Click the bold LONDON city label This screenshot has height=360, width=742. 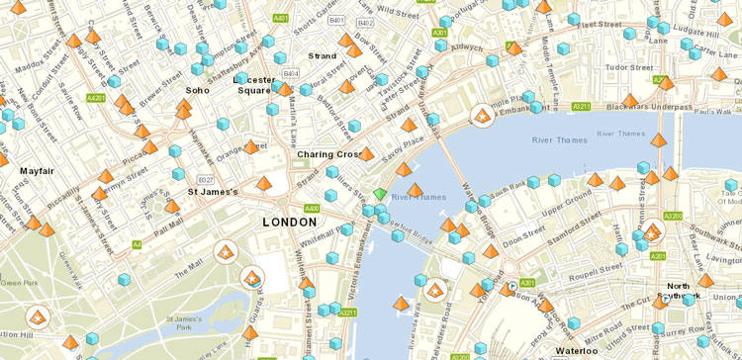pyautogui.click(x=290, y=223)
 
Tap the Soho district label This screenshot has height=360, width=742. pyautogui.click(x=197, y=90)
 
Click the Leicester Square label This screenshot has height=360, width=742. pyautogui.click(x=252, y=85)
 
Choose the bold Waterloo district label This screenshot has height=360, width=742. pyautogui.click(x=576, y=350)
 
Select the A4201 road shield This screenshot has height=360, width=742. pyautogui.click(x=96, y=98)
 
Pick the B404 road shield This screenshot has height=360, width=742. pyautogui.click(x=291, y=74)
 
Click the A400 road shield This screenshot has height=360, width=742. pyautogui.click(x=312, y=209)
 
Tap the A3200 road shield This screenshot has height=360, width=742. pyautogui.click(x=673, y=216)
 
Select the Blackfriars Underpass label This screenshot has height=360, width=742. pyautogui.click(x=649, y=106)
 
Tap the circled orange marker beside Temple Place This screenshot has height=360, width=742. pyautogui.click(x=483, y=117)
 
